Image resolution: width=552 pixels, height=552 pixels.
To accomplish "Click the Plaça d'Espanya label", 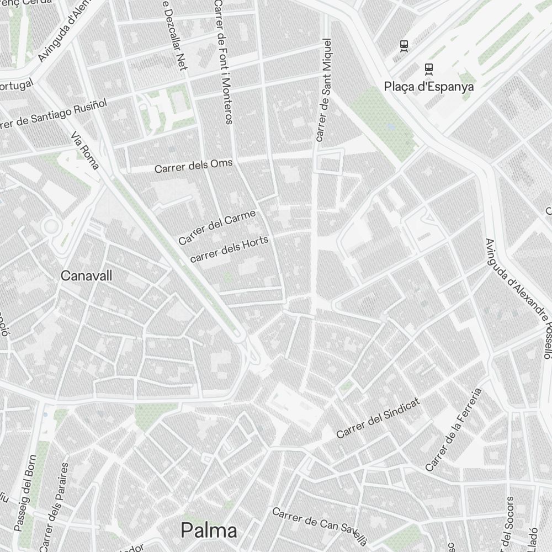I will coord(428,87).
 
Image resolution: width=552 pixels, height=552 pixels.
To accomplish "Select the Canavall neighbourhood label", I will coord(86,275).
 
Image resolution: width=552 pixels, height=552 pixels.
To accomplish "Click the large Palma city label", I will coord(209,530).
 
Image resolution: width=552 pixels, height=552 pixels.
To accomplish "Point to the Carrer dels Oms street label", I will coord(194,166).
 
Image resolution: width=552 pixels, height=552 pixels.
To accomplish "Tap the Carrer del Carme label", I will coord(217,227).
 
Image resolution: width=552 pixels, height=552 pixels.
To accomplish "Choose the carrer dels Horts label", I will coord(229,249).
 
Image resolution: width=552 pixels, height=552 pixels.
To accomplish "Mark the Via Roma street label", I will coord(85,150).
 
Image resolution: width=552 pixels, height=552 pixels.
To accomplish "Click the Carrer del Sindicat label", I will coord(378,418).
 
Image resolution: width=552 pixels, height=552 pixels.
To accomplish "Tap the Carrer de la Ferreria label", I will coord(453,429).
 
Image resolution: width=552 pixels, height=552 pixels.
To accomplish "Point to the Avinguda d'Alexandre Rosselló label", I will coord(518,298).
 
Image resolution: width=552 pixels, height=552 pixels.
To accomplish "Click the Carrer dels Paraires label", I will coord(54,505).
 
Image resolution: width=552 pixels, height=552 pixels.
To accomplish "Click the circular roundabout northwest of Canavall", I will coord(51,225).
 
